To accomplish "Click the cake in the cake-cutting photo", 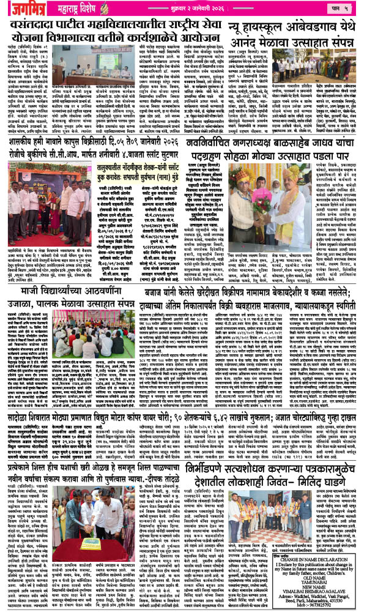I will tap(80, 547).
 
